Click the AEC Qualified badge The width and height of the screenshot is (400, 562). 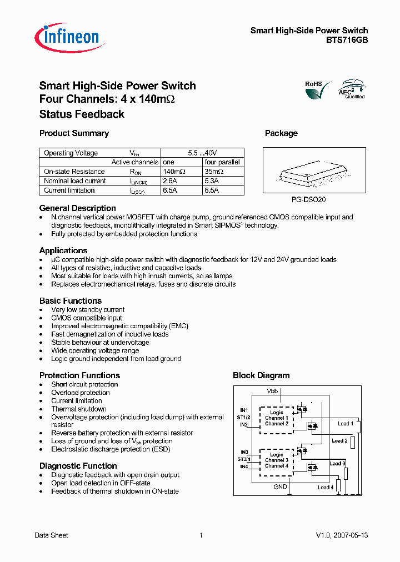tap(352, 89)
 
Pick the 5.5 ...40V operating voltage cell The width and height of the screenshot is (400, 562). tap(202, 153)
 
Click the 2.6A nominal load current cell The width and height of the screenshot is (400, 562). tap(171, 181)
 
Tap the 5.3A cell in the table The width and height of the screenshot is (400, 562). tap(212, 181)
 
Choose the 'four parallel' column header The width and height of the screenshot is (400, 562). tap(222, 162)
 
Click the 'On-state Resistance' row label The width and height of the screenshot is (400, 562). tap(74, 172)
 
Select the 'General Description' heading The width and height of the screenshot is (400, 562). tap(77, 208)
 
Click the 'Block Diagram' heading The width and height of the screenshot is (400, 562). tap(261, 375)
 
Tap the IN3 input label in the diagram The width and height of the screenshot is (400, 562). tap(244, 452)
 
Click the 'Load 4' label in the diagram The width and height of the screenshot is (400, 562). tap(325, 487)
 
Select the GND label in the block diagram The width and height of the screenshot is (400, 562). tap(281, 487)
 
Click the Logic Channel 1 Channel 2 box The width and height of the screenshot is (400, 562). tap(276, 418)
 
